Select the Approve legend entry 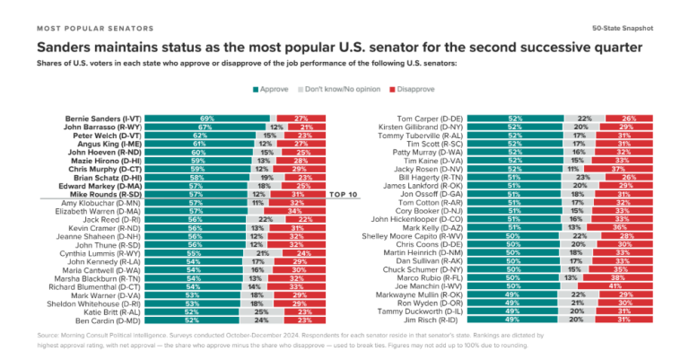tap(270, 90)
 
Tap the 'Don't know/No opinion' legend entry tap(342, 90)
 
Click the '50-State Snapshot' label tap(624, 29)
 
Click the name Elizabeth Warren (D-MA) tap(99, 211)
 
